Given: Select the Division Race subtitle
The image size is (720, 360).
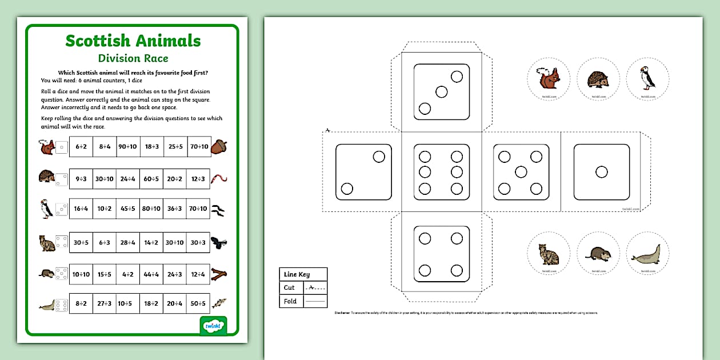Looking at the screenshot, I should click(x=133, y=58).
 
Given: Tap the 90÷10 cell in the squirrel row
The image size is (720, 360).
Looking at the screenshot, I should click(x=128, y=147).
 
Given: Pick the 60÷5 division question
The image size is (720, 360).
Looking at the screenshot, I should click(x=151, y=179).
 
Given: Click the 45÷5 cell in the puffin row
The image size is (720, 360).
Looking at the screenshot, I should click(x=128, y=209).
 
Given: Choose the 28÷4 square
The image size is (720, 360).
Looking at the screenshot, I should click(x=128, y=242).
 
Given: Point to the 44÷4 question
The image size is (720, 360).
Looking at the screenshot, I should click(x=151, y=273).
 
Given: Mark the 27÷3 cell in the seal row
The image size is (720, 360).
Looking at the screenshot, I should click(x=104, y=304).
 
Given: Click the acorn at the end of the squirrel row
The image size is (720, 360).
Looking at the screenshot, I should click(x=219, y=147).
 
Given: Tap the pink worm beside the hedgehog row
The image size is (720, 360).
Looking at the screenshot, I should click(x=219, y=179).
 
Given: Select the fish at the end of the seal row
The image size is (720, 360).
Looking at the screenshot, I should click(x=219, y=303).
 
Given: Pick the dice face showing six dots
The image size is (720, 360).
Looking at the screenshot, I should click(x=441, y=172).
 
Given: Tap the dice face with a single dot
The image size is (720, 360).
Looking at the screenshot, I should click(x=601, y=172).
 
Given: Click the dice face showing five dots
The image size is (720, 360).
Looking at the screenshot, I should click(x=521, y=172).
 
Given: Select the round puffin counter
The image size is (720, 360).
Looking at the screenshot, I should click(x=647, y=79).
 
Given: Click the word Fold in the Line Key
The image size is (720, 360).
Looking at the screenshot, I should click(x=290, y=301).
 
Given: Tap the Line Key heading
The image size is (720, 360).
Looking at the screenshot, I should click(x=297, y=275).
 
